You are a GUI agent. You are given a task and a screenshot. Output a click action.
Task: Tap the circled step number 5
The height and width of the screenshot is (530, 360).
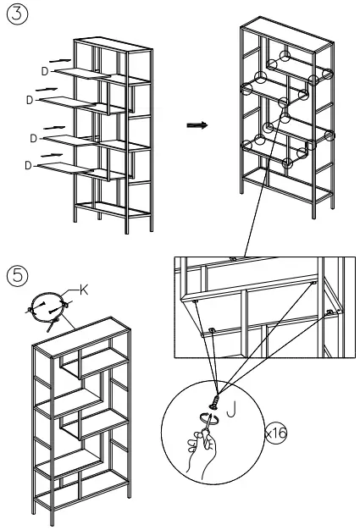pyautogui.click(x=16, y=275)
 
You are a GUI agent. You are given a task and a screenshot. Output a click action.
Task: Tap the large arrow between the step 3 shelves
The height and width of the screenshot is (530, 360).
pyautogui.click(x=197, y=125)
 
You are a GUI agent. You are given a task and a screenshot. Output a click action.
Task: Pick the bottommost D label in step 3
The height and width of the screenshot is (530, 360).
pyautogui.click(x=30, y=166)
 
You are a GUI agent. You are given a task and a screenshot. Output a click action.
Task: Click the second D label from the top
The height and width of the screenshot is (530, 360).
pyautogui.click(x=30, y=101)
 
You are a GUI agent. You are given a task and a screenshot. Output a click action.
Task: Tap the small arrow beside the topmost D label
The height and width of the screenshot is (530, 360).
pyautogui.click(x=60, y=60)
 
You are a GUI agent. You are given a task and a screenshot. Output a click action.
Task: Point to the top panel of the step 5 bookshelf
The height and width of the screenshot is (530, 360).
pyautogui.click(x=82, y=334)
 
